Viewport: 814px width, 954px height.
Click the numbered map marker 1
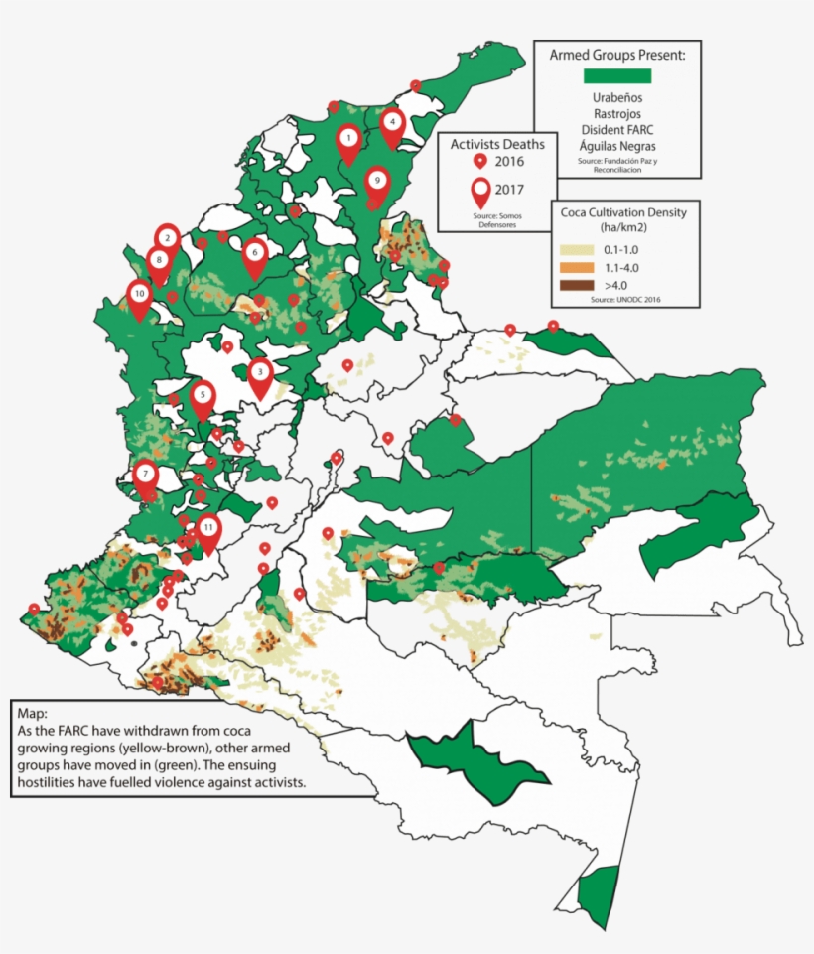[348, 139]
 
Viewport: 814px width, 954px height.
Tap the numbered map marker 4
[393, 123]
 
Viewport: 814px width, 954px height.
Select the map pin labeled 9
[376, 183]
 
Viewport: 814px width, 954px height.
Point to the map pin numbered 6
[255, 253]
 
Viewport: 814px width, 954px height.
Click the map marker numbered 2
[168, 238]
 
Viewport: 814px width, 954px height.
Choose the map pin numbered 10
[139, 295]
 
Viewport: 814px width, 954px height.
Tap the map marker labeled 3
[260, 373]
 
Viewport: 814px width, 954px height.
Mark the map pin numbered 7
[145, 475]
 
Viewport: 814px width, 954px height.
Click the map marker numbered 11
[207, 530]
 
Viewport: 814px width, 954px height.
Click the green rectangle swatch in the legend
[616, 75]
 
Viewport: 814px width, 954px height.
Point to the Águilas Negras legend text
[616, 146]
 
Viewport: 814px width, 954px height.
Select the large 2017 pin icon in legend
[480, 190]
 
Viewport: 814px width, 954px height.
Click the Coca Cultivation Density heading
[623, 211]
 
